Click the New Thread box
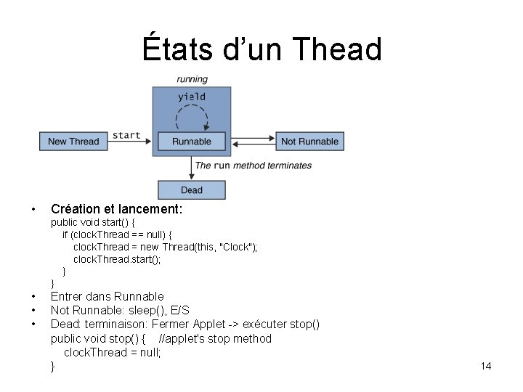tap(73, 141)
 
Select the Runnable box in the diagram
tap(192, 141)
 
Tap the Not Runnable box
tap(309, 141)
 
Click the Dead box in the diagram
tap(192, 190)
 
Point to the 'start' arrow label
tap(127, 135)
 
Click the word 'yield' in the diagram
tap(192, 97)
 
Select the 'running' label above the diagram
tap(192, 79)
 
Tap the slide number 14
tap(486, 366)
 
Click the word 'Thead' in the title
tap(337, 49)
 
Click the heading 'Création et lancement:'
tap(116, 209)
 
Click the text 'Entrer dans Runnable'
tap(108, 296)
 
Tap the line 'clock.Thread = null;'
tap(113, 352)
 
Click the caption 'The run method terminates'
tap(254, 166)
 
